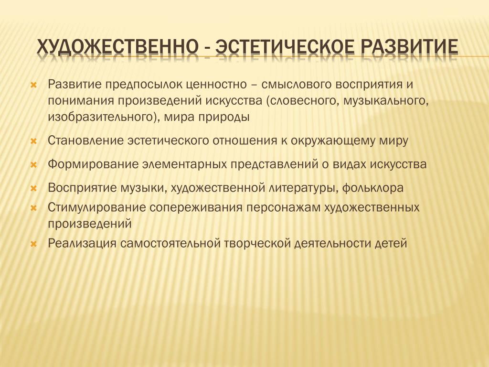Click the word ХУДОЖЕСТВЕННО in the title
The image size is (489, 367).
tap(117, 47)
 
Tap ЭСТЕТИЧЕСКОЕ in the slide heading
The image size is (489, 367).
tap(285, 46)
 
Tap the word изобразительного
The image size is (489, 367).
tap(104, 118)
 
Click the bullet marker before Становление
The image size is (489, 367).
tap(34, 141)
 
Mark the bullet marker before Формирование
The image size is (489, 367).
tap(34, 165)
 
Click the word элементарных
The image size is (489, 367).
tap(184, 164)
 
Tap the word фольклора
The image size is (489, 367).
tap(372, 188)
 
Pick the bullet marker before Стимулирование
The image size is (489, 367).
tap(34, 208)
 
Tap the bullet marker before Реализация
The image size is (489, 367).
tap(34, 244)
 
